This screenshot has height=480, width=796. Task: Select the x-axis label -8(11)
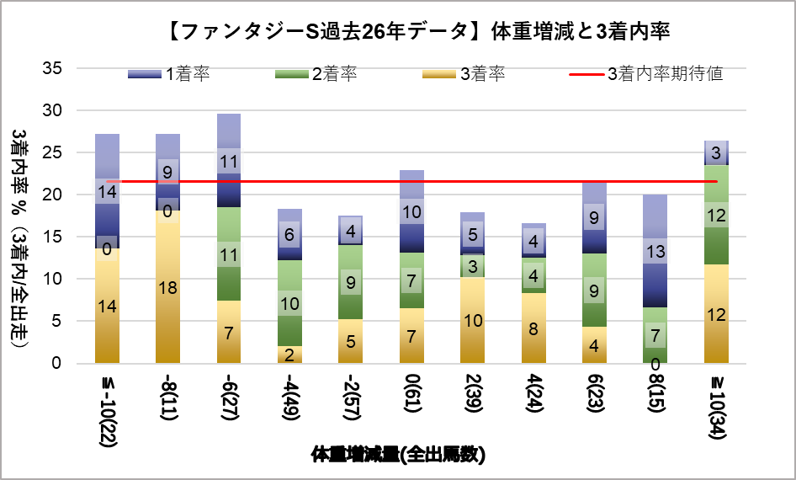click(x=167, y=399)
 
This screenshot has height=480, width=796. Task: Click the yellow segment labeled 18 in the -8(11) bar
click(x=167, y=286)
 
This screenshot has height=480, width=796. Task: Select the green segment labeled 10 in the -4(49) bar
click(x=289, y=303)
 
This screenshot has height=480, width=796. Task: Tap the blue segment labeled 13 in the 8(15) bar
click(x=655, y=251)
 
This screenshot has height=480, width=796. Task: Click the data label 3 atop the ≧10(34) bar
click(x=716, y=153)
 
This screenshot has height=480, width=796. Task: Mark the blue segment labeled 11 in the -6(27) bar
click(x=229, y=161)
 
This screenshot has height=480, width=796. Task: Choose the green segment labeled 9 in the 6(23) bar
click(x=594, y=291)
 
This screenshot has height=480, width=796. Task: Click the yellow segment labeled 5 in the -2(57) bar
click(x=350, y=342)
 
